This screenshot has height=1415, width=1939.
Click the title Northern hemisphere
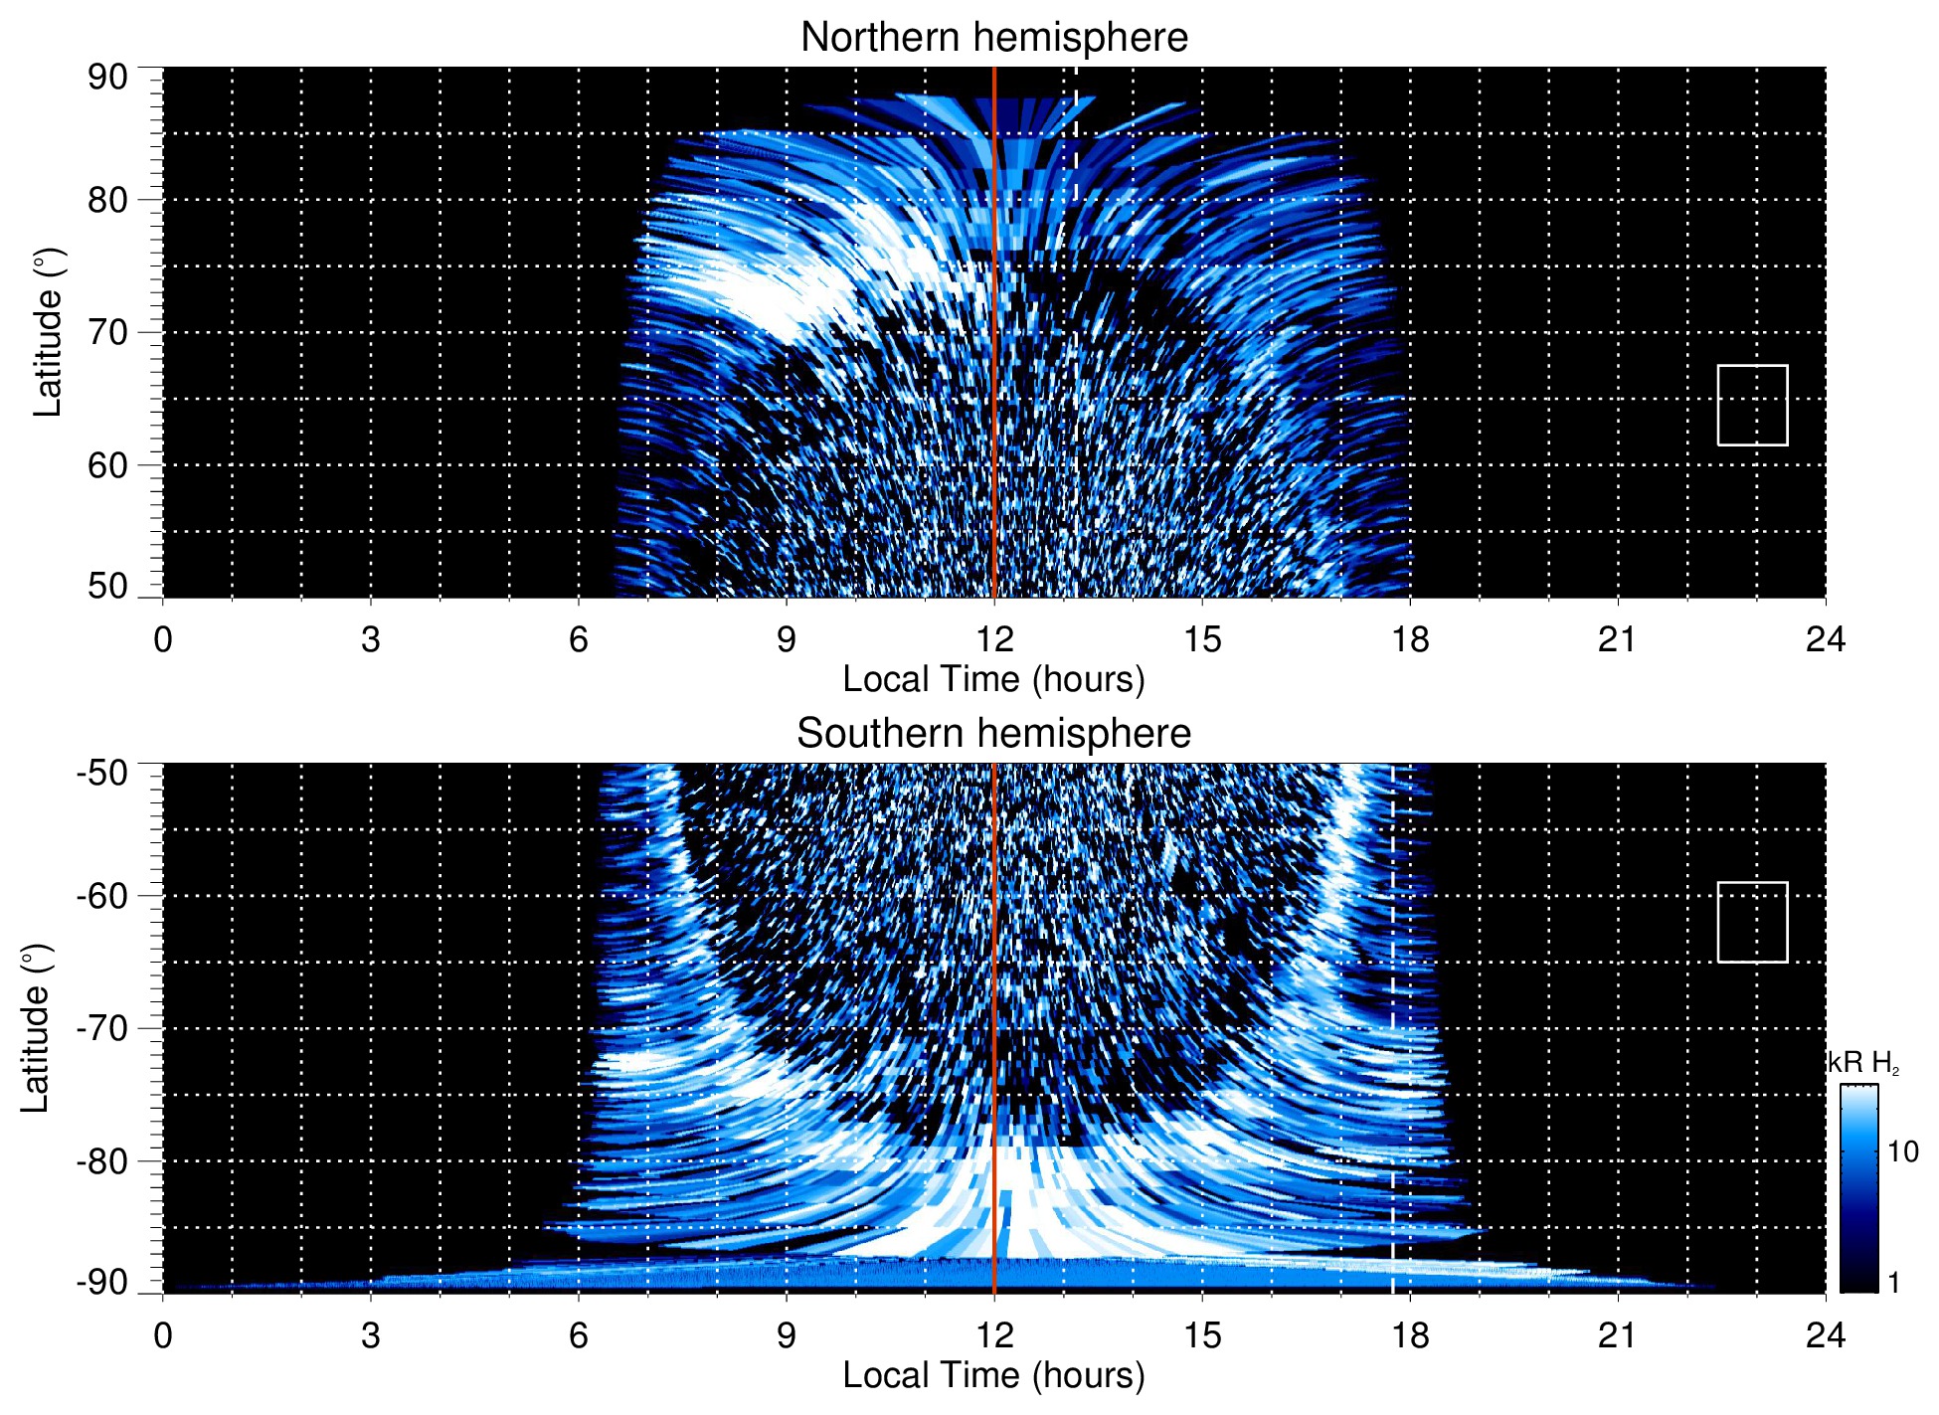(993, 38)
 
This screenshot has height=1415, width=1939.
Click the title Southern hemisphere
(993, 734)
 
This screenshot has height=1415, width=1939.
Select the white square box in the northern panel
(1752, 405)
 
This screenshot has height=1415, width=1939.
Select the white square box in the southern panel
(1752, 922)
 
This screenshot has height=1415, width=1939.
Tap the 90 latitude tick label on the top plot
(107, 78)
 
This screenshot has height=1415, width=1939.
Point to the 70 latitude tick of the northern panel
(107, 332)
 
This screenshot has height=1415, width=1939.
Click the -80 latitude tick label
(101, 1160)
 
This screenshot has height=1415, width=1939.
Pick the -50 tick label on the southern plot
(101, 773)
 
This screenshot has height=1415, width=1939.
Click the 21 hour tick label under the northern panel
(1617, 639)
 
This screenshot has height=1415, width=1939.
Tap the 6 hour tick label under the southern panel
(579, 1335)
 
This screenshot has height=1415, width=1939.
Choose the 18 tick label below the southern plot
(1409, 1335)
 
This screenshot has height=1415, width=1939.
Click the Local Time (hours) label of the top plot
(993, 679)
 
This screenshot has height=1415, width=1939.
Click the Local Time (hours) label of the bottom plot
(993, 1375)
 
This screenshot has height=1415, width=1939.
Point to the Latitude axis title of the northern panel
(48, 332)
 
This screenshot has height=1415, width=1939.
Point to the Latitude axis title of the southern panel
(36, 1028)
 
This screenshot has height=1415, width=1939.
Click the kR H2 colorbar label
(1862, 1063)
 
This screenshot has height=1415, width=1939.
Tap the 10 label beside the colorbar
(1902, 1151)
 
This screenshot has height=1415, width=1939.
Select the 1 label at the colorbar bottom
(1893, 1283)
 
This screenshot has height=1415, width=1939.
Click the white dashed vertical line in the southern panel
(1392, 994)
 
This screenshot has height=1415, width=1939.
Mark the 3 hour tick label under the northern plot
(371, 639)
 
